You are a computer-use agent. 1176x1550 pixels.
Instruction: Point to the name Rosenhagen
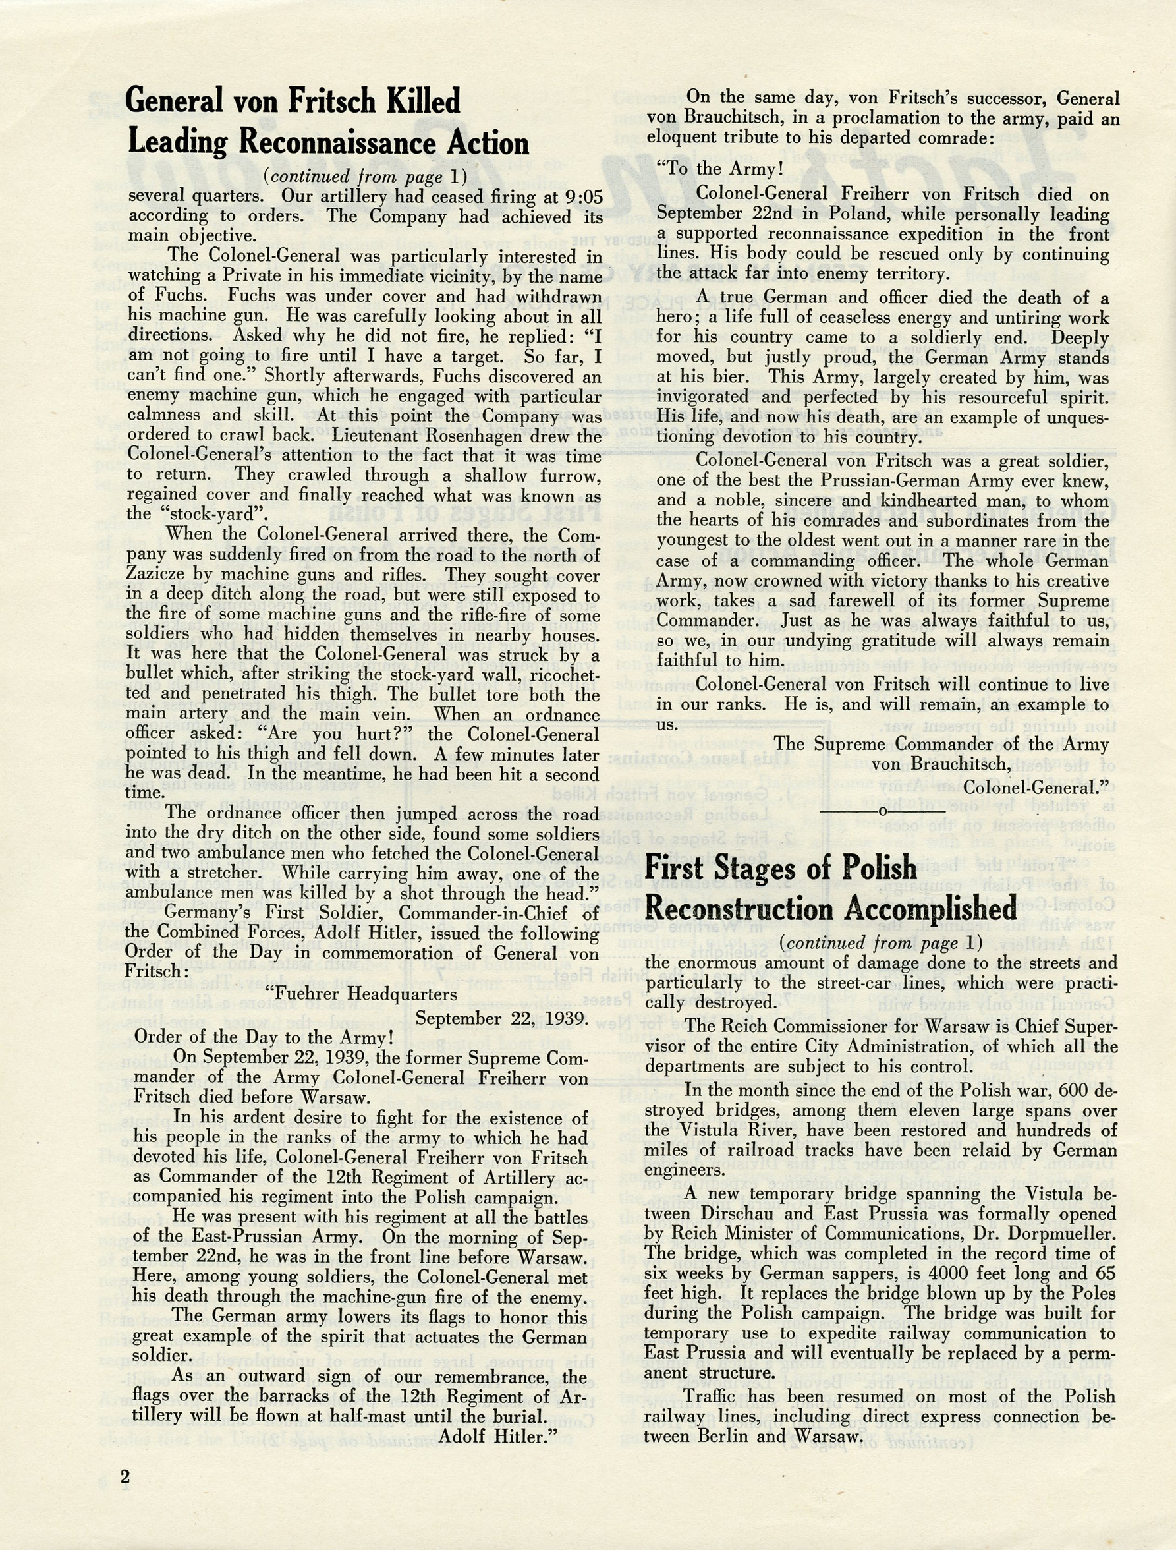(x=474, y=436)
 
